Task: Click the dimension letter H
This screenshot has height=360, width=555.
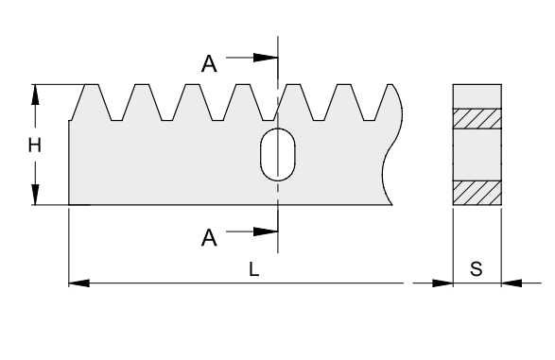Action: pos(34,146)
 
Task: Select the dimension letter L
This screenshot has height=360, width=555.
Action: pos(254,269)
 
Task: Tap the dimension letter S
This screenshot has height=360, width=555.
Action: pos(477,269)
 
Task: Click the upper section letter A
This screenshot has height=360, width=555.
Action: pos(209,64)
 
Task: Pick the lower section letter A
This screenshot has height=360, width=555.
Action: pos(209,238)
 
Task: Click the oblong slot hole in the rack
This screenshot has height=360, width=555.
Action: pos(278,155)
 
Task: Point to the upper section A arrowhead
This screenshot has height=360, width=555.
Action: pos(266,58)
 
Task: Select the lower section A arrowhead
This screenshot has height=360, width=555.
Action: pos(266,231)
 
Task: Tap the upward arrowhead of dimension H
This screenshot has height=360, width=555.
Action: pos(35,94)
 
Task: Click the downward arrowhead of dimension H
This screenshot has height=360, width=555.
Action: pos(35,194)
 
